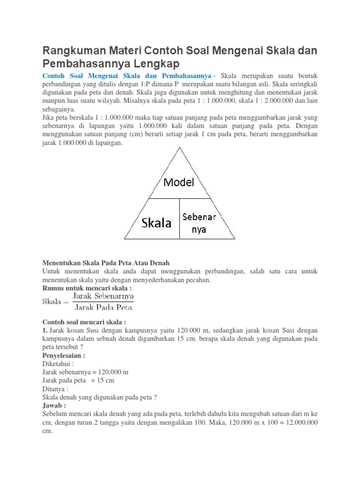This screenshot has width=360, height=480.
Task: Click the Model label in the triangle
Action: [179, 183]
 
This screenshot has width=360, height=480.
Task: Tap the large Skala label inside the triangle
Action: [156, 223]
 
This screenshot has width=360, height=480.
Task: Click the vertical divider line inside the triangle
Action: [179, 218]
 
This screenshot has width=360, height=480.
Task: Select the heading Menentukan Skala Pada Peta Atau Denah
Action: [106, 263]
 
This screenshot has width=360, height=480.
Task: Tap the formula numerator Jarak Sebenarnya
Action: [103, 297]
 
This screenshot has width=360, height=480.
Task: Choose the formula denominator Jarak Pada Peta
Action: [103, 308]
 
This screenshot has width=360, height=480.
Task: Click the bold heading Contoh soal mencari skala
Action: [84, 323]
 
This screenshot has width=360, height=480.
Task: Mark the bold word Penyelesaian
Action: [64, 355]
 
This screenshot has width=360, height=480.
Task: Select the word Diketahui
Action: [58, 364]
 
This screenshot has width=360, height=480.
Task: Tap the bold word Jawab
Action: [54, 405]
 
